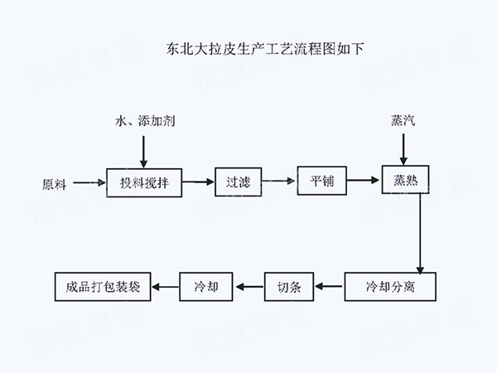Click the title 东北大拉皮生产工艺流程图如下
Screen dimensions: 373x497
[x=248, y=48]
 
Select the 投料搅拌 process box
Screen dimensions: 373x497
[x=144, y=182]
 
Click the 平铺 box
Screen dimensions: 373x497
[x=321, y=182]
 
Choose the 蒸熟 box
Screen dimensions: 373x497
[x=404, y=180]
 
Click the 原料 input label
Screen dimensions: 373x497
[x=59, y=182]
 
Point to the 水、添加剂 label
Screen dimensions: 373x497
[x=144, y=121]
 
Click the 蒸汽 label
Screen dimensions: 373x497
[x=403, y=121]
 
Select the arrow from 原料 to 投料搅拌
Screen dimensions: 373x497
[x=91, y=182]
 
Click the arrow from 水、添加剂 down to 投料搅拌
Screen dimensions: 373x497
[x=144, y=149]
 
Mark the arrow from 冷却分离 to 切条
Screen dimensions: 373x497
[x=329, y=288]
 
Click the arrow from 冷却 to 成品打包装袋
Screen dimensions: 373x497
[x=166, y=288]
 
